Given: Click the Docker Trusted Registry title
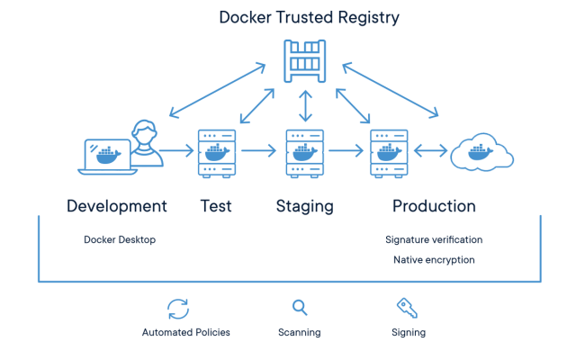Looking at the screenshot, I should [x=309, y=17].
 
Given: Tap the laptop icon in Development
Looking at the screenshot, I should [x=107, y=155].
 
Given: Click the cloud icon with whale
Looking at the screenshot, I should [x=482, y=153].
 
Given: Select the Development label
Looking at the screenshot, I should [x=117, y=206].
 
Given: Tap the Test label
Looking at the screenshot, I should [x=216, y=206].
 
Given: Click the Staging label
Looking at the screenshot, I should [x=304, y=206].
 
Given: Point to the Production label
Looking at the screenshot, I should [x=434, y=206].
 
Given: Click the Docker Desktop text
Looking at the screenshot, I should [x=119, y=240].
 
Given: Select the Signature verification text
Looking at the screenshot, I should [x=434, y=240].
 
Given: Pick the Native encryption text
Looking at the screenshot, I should [x=434, y=259].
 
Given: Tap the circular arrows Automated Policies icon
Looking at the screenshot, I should [x=178, y=308].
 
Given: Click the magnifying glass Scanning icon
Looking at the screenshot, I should [x=300, y=308].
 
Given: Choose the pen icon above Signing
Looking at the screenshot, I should [x=408, y=308].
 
